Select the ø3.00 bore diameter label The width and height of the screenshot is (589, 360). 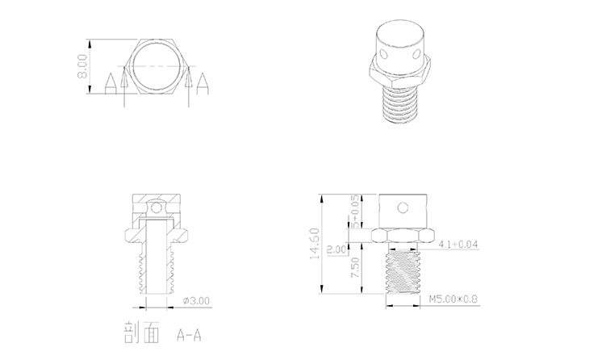click(x=197, y=299)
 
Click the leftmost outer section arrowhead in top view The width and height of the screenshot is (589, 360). click(x=109, y=83)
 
